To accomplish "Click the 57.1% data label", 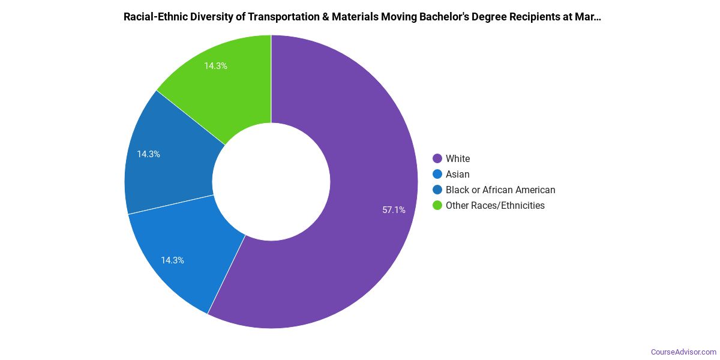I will pyautogui.click(x=394, y=210).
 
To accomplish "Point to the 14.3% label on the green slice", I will pyautogui.click(x=215, y=66).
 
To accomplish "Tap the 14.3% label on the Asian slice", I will pyautogui.click(x=172, y=260).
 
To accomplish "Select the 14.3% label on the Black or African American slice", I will pyautogui.click(x=148, y=154).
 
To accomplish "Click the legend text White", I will pyautogui.click(x=458, y=159).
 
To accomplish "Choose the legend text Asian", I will pyautogui.click(x=457, y=175).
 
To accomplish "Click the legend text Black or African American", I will pyautogui.click(x=500, y=190).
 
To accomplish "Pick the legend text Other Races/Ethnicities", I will pyautogui.click(x=495, y=206).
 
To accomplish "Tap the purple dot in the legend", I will pyautogui.click(x=437, y=159).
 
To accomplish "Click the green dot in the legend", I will pyautogui.click(x=437, y=206).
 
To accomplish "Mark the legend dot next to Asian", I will pyautogui.click(x=437, y=175).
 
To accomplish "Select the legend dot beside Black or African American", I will pyautogui.click(x=437, y=190).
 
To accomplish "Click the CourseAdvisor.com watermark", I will pyautogui.click(x=683, y=352).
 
